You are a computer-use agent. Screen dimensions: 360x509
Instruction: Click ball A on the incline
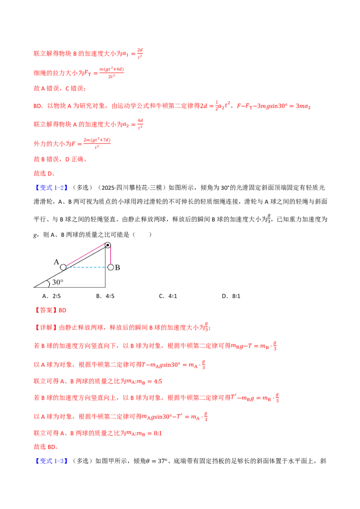63,267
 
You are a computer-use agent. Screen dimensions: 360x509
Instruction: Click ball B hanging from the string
110,267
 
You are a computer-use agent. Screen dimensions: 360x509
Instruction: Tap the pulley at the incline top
108,245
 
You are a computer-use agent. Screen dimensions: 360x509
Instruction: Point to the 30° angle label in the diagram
58,282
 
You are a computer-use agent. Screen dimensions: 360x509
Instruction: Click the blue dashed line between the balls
87,267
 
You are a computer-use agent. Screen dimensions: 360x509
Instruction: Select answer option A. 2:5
51,296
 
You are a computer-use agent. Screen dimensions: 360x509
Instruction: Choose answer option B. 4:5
105,296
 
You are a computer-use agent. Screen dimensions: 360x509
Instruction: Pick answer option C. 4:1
168,296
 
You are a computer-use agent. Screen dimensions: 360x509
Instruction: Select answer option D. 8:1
231,296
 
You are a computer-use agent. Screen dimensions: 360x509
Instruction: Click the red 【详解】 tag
46,327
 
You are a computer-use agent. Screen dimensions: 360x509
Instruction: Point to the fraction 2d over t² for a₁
140,53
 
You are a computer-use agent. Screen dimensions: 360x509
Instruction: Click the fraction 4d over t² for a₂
140,124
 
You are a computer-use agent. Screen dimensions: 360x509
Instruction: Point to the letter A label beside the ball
57,262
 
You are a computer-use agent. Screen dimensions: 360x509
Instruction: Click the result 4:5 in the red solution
158,381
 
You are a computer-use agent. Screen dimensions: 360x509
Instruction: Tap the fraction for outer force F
97,143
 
